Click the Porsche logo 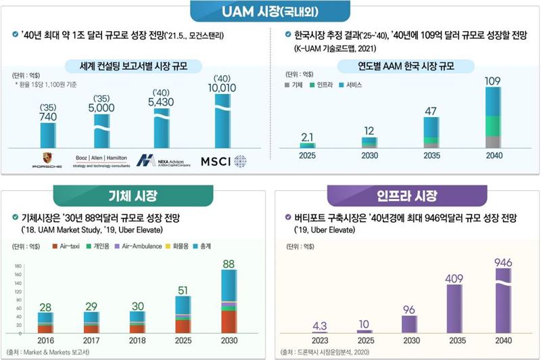click(47, 160)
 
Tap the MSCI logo click(222, 160)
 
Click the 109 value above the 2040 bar click(492, 81)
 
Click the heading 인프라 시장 click(403, 197)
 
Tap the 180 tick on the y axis click(18, 267)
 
